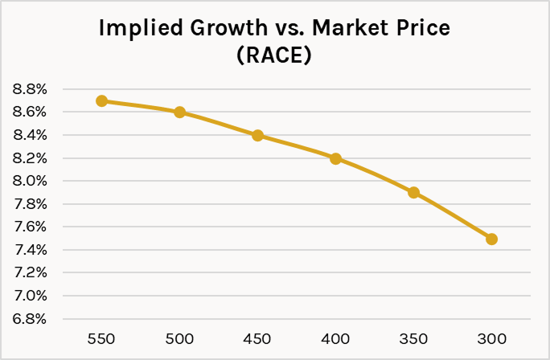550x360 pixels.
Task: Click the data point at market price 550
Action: [101, 100]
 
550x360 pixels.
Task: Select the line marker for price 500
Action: [179, 112]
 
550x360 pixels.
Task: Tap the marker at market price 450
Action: [257, 135]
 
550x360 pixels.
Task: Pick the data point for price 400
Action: [335, 158]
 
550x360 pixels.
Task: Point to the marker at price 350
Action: [413, 192]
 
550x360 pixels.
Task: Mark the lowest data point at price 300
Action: [491, 239]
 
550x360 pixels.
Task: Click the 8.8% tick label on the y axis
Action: [30, 89]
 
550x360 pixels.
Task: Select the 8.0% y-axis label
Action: [30, 181]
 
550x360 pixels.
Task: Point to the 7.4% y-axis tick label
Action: [30, 250]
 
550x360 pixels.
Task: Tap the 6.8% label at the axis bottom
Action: [30, 319]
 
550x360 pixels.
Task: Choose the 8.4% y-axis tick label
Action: [30, 135]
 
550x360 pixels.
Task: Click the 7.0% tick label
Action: [30, 296]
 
